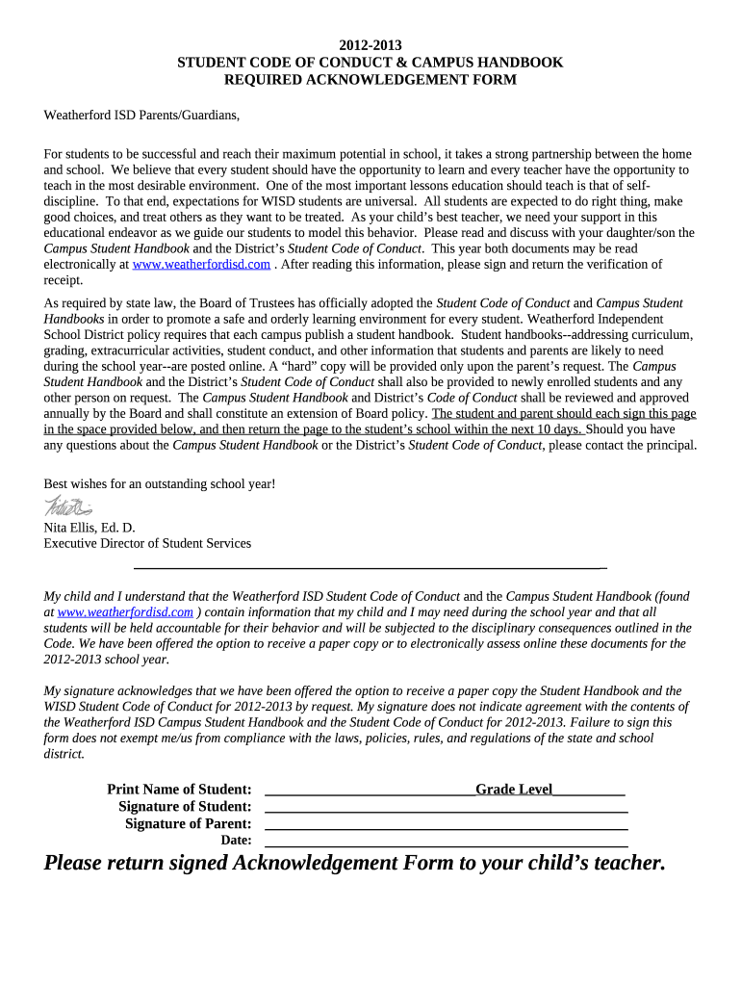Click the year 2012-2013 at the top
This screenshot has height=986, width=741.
[370, 45]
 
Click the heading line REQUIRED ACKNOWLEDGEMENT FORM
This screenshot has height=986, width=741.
[370, 80]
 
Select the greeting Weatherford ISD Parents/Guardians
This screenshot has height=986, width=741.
[141, 117]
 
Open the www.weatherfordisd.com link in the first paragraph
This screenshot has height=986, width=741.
[201, 264]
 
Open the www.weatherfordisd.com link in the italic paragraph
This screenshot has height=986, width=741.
[125, 611]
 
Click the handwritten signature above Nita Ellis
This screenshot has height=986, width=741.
[67, 506]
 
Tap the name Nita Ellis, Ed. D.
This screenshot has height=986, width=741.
[89, 528]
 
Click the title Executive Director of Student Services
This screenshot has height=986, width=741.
[147, 543]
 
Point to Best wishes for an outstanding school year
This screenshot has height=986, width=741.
[160, 483]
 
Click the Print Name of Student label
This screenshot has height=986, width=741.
[179, 790]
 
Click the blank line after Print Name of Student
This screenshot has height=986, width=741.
[369, 791]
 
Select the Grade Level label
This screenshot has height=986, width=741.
[514, 790]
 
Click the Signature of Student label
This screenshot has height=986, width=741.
[185, 807]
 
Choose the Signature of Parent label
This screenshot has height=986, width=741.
[189, 824]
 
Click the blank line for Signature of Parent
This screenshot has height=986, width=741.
[446, 827]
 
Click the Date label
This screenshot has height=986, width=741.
[236, 841]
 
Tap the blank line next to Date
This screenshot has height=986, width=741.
[446, 844]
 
